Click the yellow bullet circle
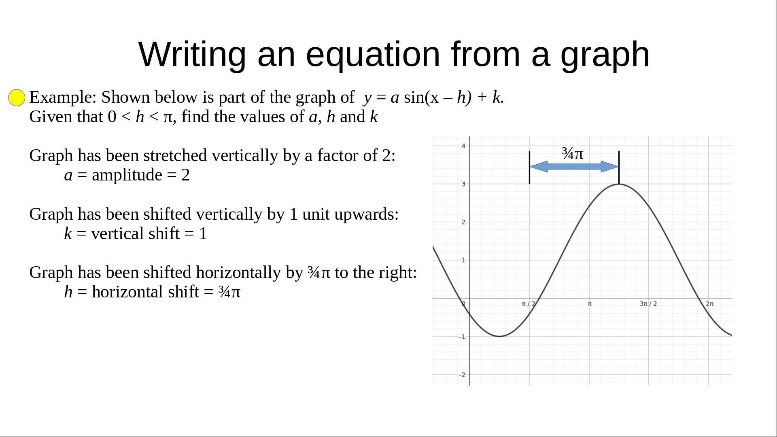(x=17, y=98)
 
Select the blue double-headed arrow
(x=574, y=167)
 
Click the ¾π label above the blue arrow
(x=573, y=154)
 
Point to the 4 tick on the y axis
(x=464, y=146)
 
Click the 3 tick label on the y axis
(x=464, y=184)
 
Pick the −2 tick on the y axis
(x=462, y=375)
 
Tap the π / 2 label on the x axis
(x=529, y=303)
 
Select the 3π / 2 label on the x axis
(x=648, y=303)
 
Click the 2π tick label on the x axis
(x=710, y=303)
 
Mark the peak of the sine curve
(x=619, y=184)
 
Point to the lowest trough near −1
(x=500, y=336)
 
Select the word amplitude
(x=127, y=175)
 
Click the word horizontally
(x=238, y=273)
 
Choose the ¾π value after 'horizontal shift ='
(x=229, y=292)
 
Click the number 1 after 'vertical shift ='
(x=203, y=234)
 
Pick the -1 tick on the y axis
(x=462, y=337)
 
